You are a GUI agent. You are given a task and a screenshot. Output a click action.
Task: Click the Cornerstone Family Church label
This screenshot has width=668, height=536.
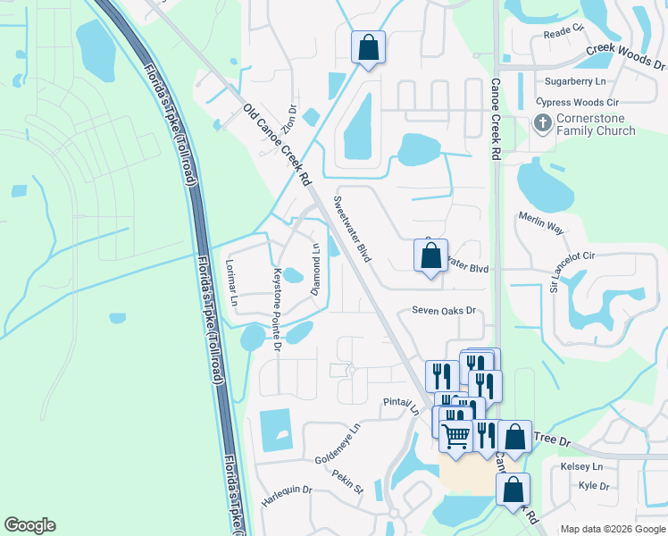[596, 125]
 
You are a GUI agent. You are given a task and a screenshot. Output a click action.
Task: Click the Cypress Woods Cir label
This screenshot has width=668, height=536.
[576, 103]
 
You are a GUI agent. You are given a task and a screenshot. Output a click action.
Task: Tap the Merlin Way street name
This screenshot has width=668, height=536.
[540, 223]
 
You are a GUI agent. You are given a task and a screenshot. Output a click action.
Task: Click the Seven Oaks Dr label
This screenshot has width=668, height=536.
[440, 311]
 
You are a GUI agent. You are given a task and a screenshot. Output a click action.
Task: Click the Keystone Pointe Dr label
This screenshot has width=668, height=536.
[278, 308]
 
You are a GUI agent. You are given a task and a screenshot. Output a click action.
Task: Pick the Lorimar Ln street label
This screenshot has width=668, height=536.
[231, 284]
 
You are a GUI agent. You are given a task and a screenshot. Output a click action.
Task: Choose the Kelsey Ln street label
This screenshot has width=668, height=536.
[581, 467]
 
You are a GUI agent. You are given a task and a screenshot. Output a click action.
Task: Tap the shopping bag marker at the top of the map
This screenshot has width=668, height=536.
[368, 46]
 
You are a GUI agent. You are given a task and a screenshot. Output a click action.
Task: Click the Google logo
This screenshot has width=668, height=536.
[30, 524]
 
